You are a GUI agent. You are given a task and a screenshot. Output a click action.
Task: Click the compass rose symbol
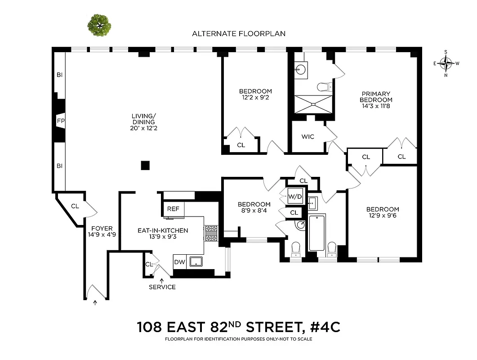(x=446, y=63)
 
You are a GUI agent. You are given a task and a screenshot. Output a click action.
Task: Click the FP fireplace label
(x=60, y=121)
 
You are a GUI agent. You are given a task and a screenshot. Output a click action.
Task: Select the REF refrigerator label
(x=173, y=209)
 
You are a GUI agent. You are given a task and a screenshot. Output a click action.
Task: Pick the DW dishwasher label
(x=179, y=262)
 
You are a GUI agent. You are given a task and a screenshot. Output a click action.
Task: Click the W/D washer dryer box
(x=295, y=197)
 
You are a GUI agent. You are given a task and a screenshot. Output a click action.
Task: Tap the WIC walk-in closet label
(x=308, y=137)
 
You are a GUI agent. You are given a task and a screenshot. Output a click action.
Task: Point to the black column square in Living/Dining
(x=145, y=165)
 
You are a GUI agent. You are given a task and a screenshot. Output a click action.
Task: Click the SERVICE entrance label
(x=162, y=287)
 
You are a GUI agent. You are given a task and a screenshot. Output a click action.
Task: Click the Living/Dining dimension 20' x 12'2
(x=144, y=128)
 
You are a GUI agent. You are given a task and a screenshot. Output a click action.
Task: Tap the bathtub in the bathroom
(x=317, y=233)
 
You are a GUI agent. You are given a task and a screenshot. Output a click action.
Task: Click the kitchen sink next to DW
(x=196, y=261)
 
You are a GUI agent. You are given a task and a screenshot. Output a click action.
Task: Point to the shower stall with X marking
(x=313, y=103)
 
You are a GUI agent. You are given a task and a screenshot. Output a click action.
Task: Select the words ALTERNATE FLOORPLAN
(x=239, y=34)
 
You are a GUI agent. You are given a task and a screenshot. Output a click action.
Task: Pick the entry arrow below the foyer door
(x=95, y=303)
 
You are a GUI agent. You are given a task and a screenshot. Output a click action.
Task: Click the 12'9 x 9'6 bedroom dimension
(x=383, y=216)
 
